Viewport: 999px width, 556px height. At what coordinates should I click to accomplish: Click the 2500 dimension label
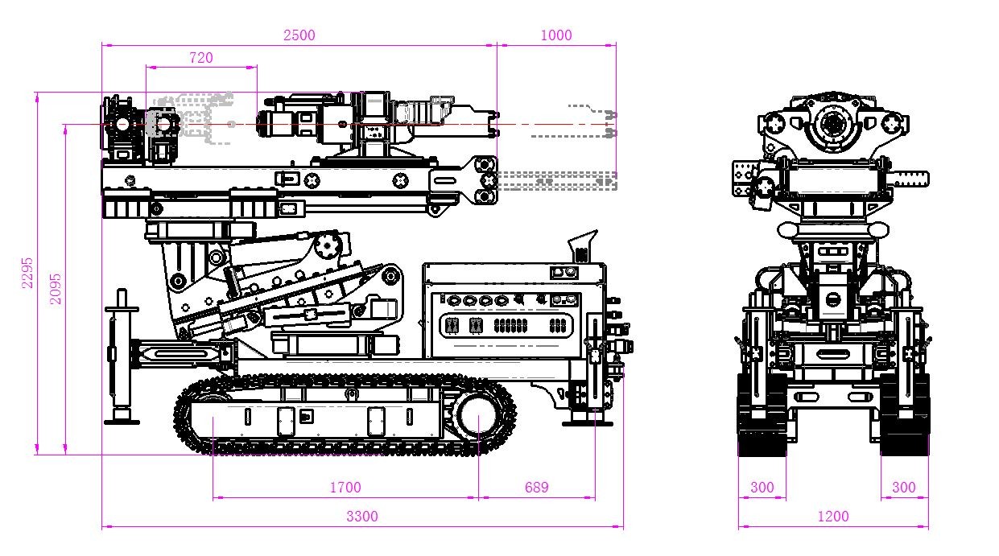coord(299,35)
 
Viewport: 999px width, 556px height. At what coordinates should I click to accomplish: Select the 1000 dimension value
coord(556,35)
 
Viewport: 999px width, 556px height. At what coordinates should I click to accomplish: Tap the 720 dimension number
coord(200,57)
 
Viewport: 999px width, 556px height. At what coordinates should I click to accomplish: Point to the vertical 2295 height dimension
coord(27,273)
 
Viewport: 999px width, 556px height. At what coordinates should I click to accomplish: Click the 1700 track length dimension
coord(345,487)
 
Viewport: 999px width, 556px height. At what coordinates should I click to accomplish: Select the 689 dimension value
coord(536,487)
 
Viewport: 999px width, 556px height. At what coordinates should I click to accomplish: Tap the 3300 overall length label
coord(361,517)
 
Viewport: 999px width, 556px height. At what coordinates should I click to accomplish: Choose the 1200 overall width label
coord(832,517)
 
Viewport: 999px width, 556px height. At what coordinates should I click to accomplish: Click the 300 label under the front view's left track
coord(762,487)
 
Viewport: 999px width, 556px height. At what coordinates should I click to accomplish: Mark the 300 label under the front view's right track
coord(904,487)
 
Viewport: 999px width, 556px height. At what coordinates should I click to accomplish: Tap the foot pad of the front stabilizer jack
coord(122,417)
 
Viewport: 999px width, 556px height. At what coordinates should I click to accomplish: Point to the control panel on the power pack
coord(506,314)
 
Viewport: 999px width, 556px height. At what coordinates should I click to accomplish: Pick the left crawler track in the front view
coord(762,414)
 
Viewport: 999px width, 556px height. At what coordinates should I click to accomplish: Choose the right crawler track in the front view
coord(904,414)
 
